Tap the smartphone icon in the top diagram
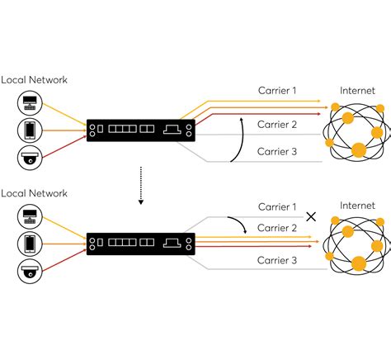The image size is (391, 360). (x=29, y=130)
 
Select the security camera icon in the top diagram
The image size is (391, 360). (x=29, y=157)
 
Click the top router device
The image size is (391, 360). (x=139, y=129)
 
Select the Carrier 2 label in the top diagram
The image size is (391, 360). (x=277, y=125)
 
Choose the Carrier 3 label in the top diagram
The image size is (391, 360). (x=277, y=151)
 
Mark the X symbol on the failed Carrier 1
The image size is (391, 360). (x=311, y=216)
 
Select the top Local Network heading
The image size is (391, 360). (x=34, y=79)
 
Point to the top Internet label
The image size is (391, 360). (x=357, y=90)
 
